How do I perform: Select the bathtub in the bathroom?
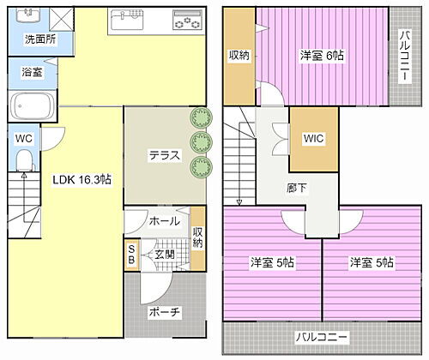coord(33,107)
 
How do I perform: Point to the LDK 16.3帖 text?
coord(82,179)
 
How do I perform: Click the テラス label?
coord(165,155)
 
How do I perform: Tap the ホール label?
coord(165,220)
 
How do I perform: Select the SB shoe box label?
coord(131,255)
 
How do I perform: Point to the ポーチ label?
coord(164,312)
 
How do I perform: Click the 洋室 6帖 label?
coord(322,55)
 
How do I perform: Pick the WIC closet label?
coord(313,139)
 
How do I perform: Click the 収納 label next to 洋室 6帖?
coord(240,55)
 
